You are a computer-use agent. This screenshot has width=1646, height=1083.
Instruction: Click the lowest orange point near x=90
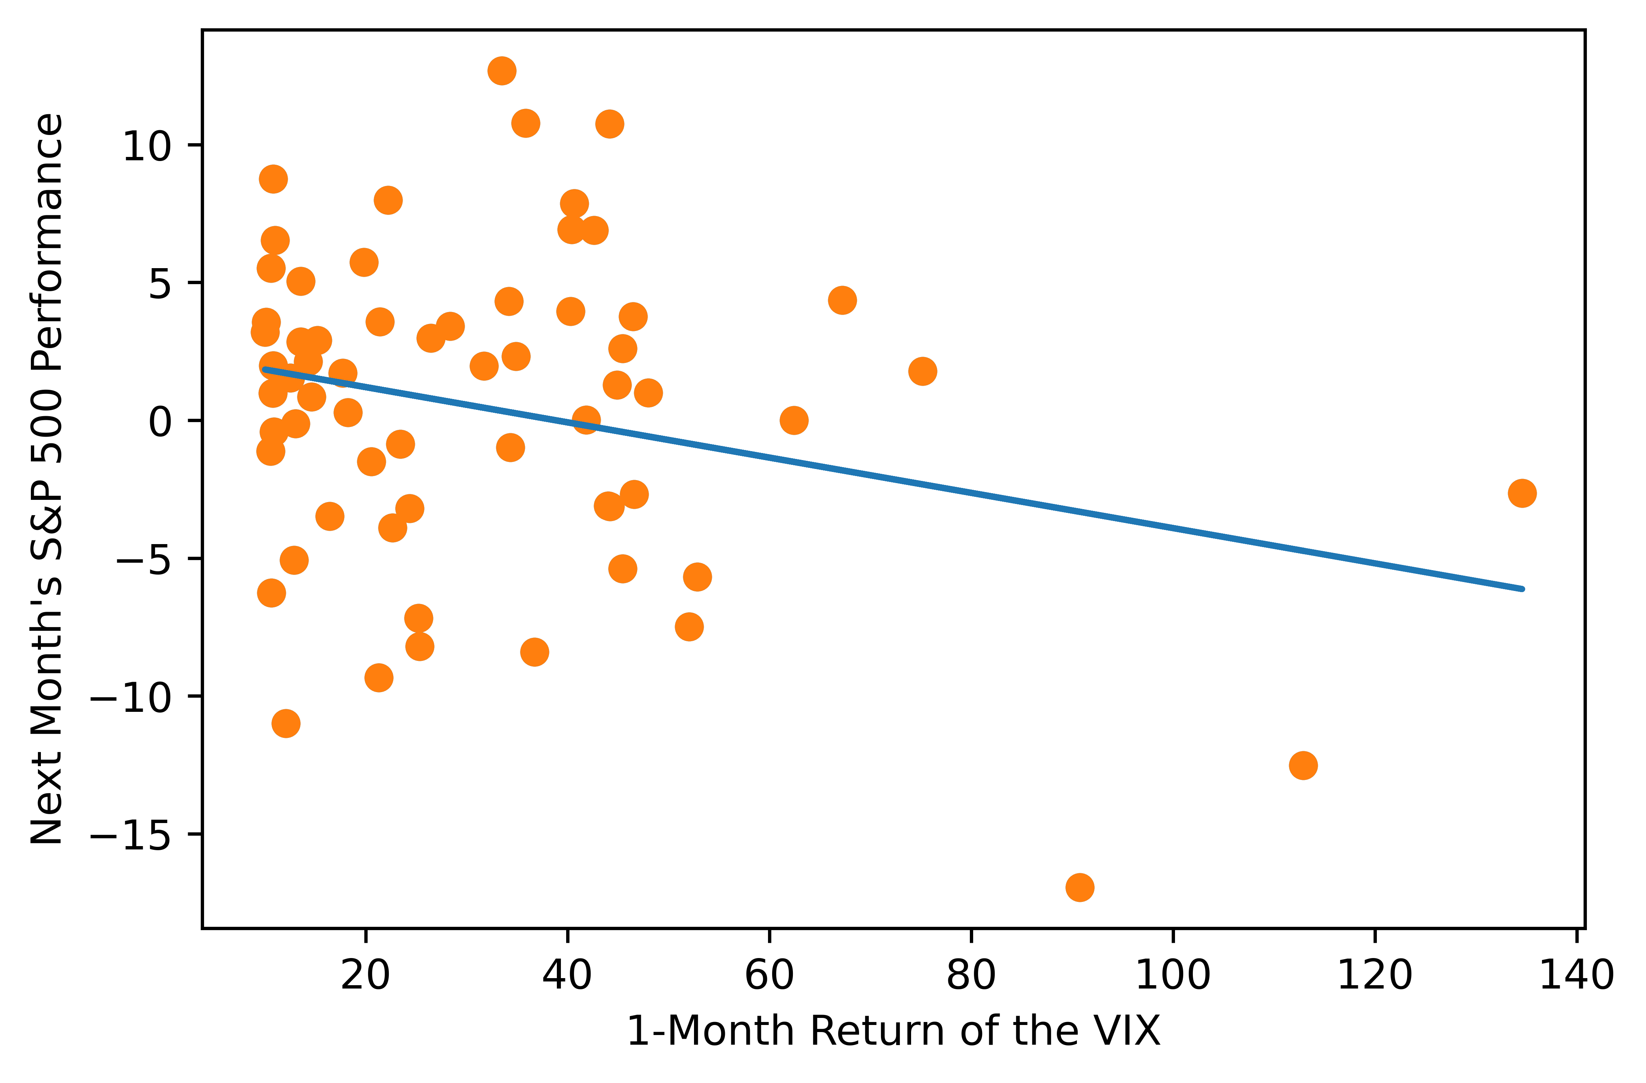[x=1079, y=887]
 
